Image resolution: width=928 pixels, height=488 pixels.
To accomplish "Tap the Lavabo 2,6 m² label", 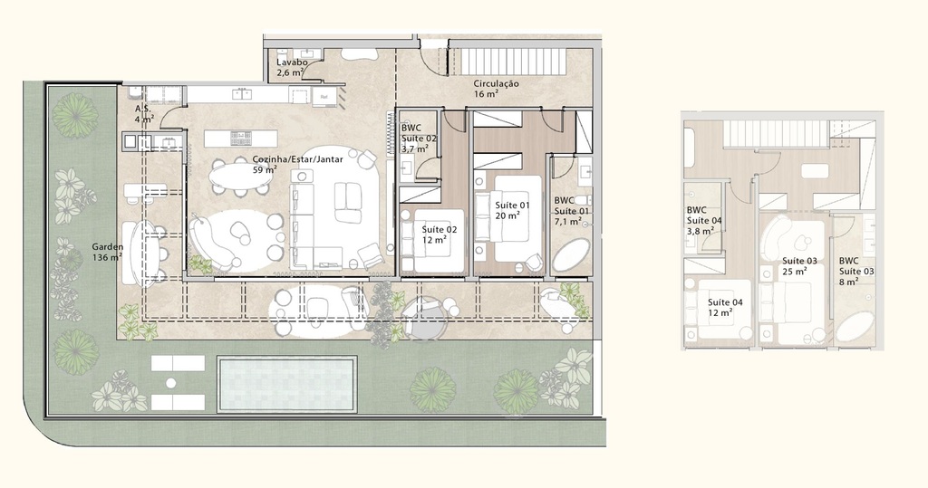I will click(293, 68).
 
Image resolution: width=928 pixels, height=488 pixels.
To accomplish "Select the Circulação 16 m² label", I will click(495, 88).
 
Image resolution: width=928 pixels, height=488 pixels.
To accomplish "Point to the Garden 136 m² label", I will click(108, 252).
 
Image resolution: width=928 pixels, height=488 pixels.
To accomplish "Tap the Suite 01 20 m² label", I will click(507, 211).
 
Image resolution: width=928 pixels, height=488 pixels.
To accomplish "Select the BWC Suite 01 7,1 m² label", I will click(572, 211).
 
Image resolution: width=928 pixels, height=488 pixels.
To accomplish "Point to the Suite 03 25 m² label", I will click(800, 266).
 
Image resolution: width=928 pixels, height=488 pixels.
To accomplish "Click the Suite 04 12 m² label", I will click(725, 308).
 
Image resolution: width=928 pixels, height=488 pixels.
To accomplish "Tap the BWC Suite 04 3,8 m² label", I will click(703, 220).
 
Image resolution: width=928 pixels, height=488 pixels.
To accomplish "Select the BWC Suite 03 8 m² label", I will click(855, 271).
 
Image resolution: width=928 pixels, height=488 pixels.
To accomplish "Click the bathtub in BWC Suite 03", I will click(855, 327).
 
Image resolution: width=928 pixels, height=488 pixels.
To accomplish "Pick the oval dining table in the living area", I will click(240, 176).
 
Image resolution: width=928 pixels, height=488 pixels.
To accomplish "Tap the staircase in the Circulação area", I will click(514, 62).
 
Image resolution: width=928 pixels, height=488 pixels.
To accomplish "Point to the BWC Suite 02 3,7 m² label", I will click(419, 139).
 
